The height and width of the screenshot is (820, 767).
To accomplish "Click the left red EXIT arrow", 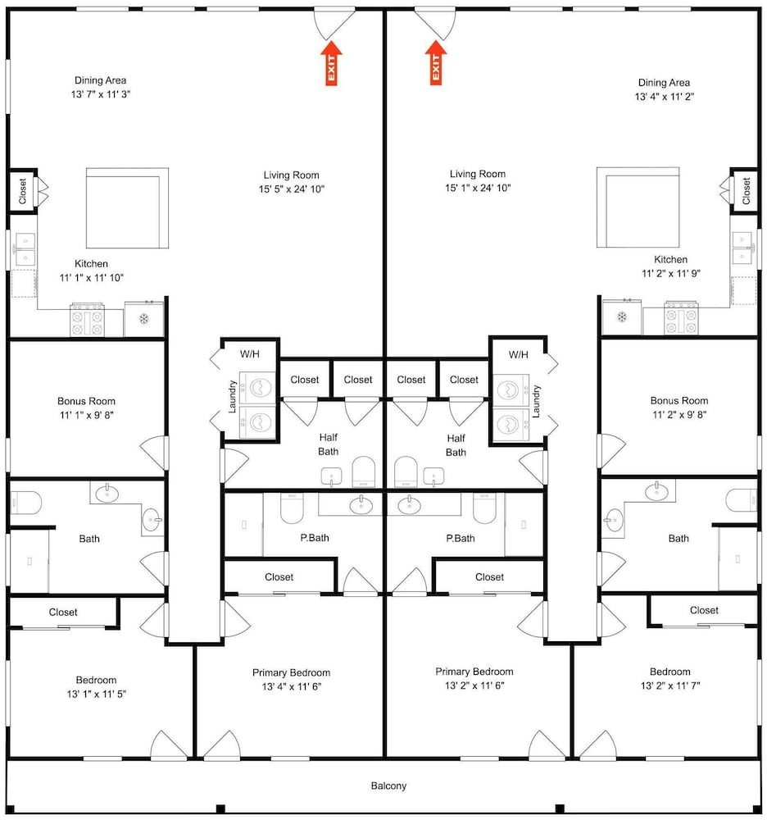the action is click(x=331, y=63).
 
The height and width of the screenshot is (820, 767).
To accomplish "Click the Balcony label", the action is click(x=388, y=786).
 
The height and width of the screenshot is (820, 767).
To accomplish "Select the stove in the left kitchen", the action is click(x=87, y=320).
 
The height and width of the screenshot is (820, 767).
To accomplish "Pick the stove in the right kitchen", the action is click(x=681, y=318).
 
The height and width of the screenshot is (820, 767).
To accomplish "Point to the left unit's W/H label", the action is click(x=250, y=354).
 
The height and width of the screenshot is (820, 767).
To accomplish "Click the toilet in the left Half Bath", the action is click(x=364, y=471).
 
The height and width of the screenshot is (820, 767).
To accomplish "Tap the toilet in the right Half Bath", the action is click(x=406, y=471).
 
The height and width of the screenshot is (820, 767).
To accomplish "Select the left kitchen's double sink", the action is click(x=25, y=249).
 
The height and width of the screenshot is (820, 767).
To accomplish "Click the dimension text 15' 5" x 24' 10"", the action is click(x=292, y=189).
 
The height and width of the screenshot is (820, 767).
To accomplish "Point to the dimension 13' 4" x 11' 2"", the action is click(x=664, y=97).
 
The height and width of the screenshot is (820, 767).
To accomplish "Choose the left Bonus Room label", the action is click(x=86, y=401).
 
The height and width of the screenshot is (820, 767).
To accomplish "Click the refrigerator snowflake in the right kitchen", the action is click(x=622, y=317).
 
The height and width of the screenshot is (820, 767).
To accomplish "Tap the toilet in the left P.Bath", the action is click(x=292, y=508).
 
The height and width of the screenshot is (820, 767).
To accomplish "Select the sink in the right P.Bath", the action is click(x=409, y=504).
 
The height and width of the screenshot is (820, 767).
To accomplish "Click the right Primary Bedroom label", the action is click(x=474, y=672).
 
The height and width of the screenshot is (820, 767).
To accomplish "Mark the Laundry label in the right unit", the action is click(x=536, y=402).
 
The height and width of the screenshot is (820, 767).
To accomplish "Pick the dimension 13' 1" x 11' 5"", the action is click(x=97, y=694).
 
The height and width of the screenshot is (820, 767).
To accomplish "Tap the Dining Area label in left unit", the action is click(x=100, y=80).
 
